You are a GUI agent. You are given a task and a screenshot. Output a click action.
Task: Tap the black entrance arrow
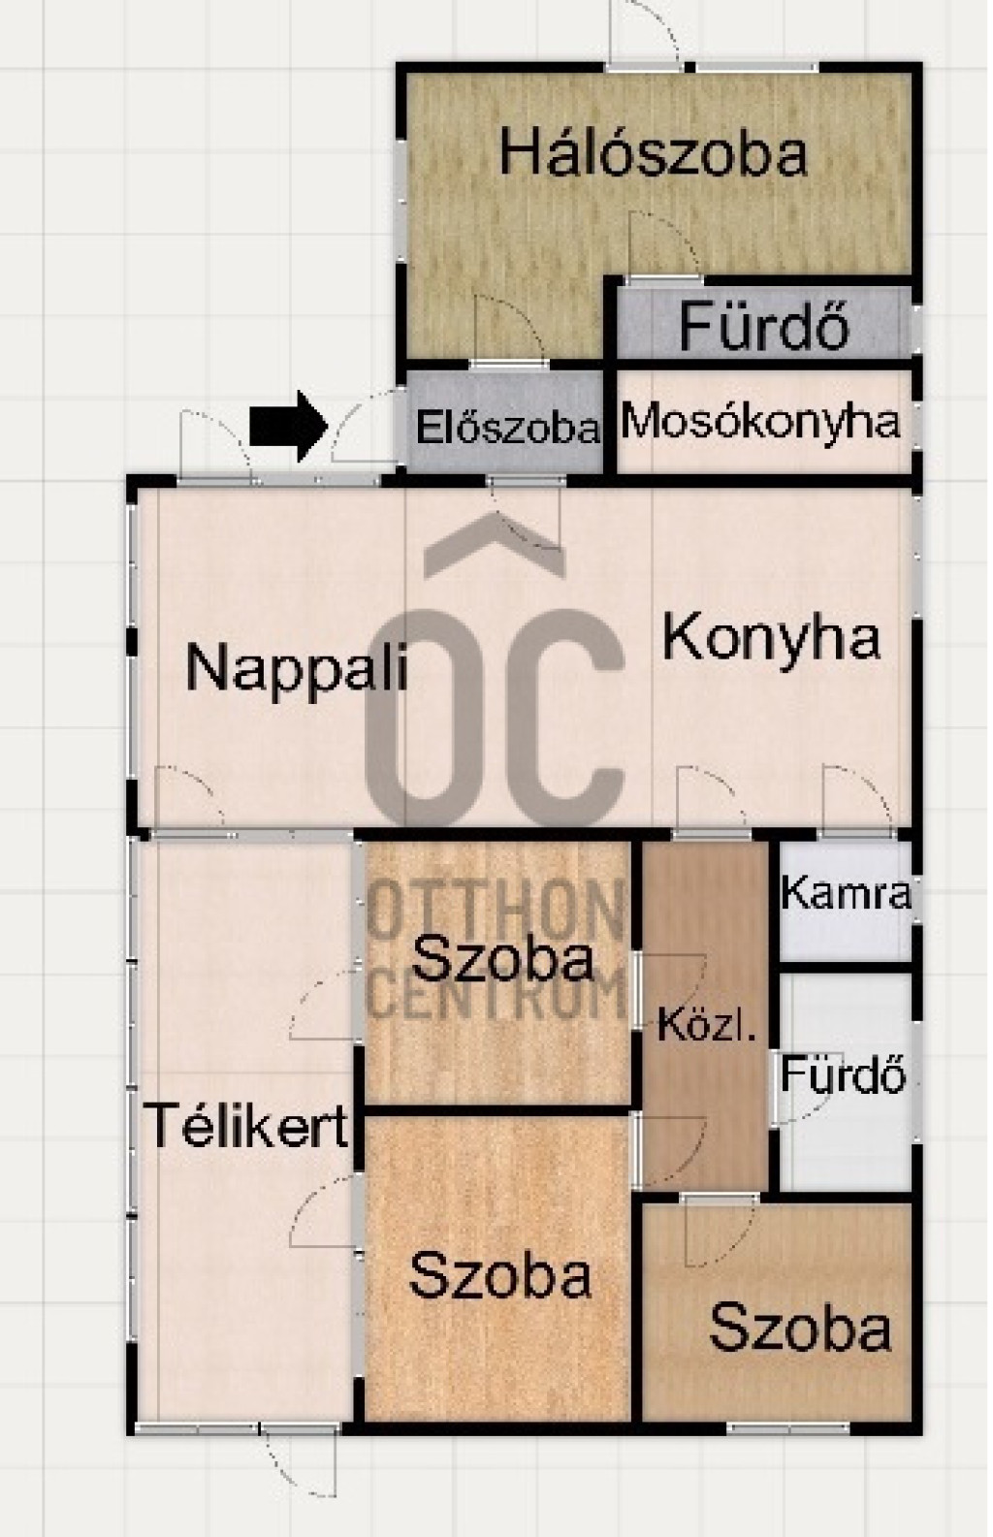coord(288,426)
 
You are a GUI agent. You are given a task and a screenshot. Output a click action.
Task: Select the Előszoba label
coord(508,429)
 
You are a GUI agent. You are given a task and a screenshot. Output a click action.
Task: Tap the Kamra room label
coord(846,894)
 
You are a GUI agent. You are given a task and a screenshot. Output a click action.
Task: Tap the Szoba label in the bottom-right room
coord(800,1329)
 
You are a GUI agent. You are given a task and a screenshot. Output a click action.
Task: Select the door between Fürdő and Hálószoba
coord(663,247)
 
